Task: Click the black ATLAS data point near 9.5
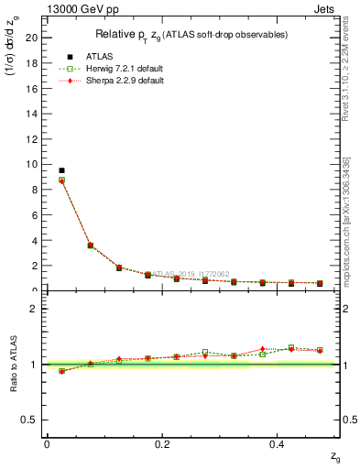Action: point(61,170)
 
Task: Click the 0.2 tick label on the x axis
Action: point(162,443)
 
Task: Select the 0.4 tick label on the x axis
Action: point(278,443)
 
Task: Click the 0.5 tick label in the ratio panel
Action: point(31,420)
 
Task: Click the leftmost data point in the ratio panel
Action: point(61,371)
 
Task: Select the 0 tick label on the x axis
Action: point(47,443)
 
